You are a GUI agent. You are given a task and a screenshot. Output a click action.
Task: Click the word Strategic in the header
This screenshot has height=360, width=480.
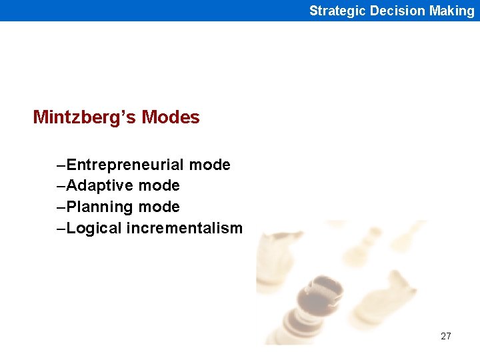click(338, 11)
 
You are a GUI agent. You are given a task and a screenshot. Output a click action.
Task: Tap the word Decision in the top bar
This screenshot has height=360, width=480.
click(397, 11)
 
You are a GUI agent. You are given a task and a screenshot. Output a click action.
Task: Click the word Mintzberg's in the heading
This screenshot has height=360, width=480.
click(85, 117)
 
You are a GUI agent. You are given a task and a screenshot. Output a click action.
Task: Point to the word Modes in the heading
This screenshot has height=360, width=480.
click(171, 117)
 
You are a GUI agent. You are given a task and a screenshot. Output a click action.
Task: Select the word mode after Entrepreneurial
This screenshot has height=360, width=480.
click(209, 165)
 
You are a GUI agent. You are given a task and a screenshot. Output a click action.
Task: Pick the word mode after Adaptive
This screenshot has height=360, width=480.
click(159, 185)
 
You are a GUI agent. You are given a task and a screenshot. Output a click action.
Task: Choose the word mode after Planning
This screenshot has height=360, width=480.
click(159, 207)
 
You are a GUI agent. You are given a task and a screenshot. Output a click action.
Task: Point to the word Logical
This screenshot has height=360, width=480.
click(94, 228)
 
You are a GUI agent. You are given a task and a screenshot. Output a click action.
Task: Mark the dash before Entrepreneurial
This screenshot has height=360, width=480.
click(61, 165)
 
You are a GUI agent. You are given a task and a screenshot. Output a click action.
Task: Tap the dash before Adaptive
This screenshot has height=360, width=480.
click(61, 185)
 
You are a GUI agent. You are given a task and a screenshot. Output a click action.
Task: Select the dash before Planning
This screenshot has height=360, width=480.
click(61, 207)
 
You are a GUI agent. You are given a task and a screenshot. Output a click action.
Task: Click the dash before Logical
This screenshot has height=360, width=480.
click(61, 228)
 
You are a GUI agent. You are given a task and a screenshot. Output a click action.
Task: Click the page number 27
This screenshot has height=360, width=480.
click(446, 336)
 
